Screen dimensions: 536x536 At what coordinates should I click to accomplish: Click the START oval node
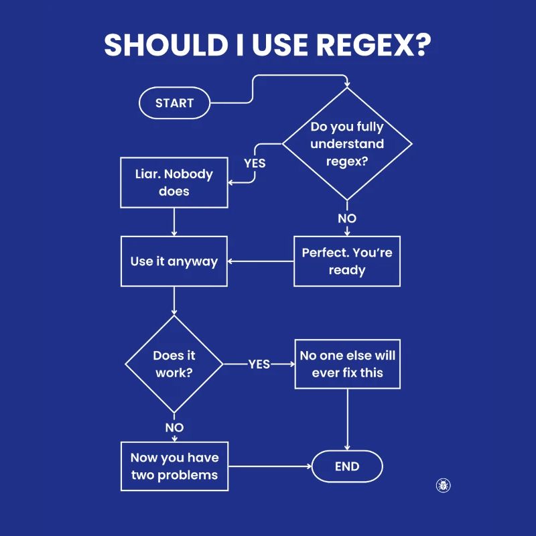[x=174, y=103]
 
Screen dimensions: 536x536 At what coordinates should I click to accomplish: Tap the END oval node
[x=347, y=467]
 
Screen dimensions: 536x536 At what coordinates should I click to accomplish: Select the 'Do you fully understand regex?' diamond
[x=347, y=144]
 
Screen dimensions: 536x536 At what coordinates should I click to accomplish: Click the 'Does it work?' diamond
[x=174, y=364]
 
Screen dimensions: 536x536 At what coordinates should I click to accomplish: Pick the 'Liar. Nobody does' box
[x=174, y=182]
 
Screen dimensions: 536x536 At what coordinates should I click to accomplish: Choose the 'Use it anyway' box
[x=174, y=261]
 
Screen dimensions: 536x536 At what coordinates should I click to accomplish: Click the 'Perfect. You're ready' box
[x=347, y=261]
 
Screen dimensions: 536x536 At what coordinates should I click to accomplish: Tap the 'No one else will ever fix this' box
[x=347, y=364]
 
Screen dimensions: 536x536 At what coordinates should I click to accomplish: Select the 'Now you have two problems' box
[x=174, y=466]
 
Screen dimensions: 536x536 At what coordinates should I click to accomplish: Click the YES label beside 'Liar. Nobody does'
[x=255, y=163]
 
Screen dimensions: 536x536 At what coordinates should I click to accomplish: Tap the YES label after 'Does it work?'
[x=259, y=364]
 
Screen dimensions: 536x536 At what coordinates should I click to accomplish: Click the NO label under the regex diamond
[x=347, y=218]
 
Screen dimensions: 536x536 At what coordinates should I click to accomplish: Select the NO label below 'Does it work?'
[x=174, y=427]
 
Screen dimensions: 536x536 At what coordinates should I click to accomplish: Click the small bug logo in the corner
[x=443, y=485]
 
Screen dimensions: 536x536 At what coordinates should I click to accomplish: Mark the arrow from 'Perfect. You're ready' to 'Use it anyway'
[x=261, y=261]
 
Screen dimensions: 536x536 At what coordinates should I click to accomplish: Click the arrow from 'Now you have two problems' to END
[x=268, y=466]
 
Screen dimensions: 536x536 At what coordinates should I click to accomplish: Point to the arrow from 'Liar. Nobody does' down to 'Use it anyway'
[x=174, y=221]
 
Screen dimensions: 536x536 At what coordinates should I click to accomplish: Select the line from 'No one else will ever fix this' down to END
[x=347, y=419]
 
